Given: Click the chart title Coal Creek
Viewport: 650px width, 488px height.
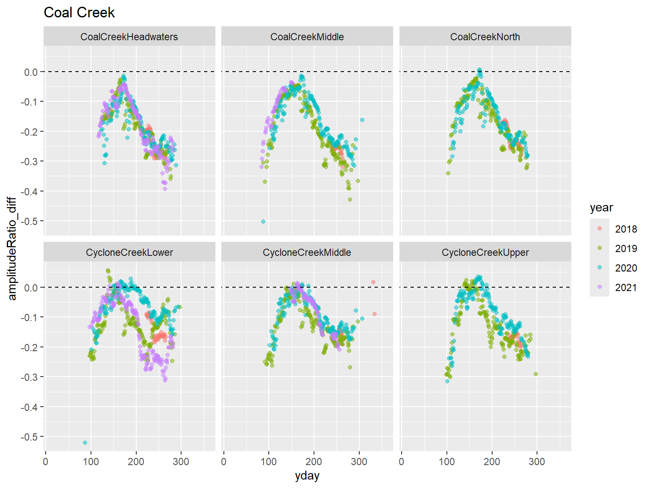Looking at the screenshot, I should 79,13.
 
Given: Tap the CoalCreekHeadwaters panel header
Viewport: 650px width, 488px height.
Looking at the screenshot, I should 129,37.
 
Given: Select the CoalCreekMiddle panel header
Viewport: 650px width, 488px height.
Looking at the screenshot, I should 307,37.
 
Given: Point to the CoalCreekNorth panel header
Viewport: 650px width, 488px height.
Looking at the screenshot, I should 485,37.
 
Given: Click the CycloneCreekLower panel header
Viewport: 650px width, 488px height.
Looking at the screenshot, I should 129,252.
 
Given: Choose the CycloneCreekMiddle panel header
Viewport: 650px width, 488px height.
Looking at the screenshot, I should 307,252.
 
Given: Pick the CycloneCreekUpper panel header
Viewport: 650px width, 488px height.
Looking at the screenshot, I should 485,252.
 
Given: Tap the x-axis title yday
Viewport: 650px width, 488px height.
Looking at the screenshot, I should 307,476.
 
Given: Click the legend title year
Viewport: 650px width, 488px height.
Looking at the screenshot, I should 601,208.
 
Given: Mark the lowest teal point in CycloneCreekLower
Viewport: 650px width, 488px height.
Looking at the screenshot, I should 85,443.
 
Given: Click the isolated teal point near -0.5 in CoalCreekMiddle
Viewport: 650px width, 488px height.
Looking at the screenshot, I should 263,222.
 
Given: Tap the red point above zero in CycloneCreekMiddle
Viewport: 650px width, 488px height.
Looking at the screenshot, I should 373,282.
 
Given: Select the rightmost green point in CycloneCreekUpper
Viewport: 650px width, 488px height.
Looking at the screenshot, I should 536,374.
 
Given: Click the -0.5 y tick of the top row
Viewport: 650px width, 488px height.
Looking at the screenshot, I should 30,221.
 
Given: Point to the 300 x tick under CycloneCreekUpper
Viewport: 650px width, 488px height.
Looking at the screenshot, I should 537,462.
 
